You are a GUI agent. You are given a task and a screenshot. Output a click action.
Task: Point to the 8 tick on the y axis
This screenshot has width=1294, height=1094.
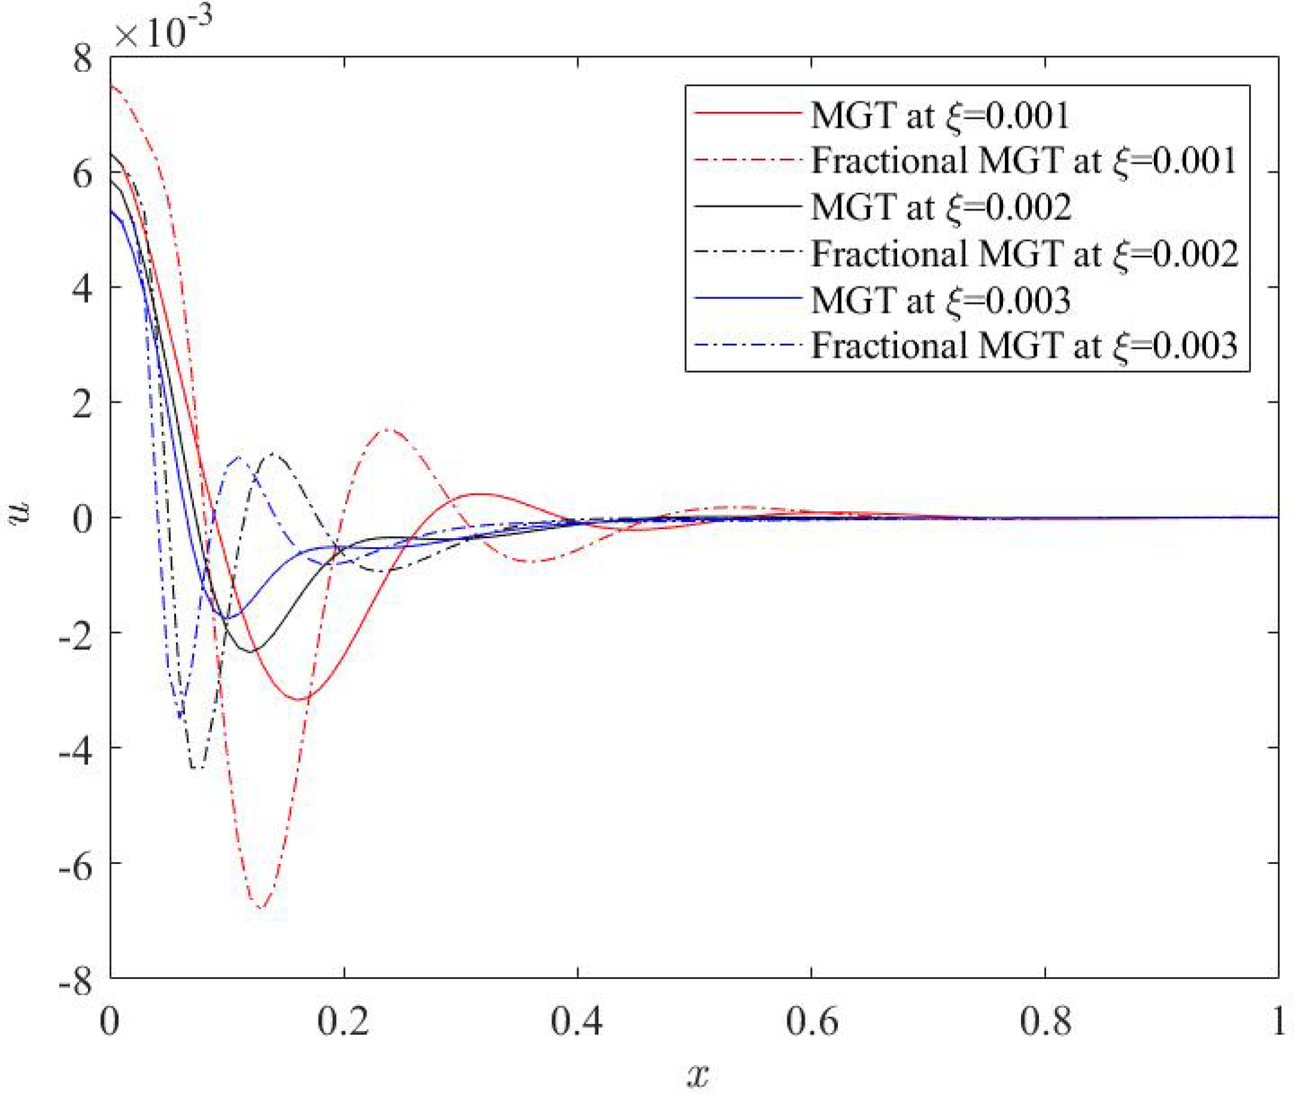[x=83, y=58]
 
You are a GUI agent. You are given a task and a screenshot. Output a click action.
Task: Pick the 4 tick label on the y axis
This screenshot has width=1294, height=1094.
[x=83, y=288]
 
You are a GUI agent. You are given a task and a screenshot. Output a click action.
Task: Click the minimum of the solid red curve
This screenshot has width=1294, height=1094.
[x=300, y=699]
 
